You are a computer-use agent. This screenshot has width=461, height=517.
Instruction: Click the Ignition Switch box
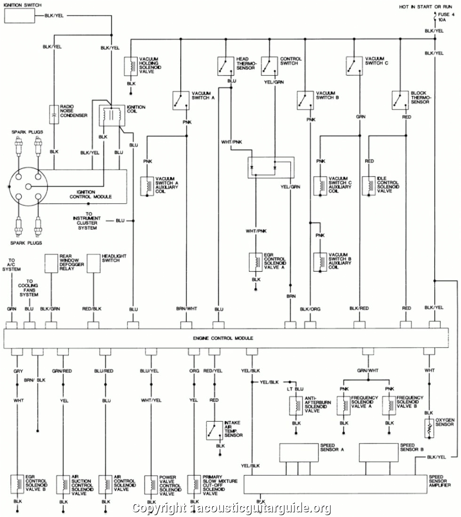coord(20,16)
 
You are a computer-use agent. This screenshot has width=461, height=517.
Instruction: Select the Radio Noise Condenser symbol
coord(54,114)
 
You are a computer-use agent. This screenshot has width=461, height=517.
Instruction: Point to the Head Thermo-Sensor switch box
coord(225,66)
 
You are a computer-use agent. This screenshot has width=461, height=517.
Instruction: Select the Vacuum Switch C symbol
coord(353,66)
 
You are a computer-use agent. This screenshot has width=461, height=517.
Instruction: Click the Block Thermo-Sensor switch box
coord(399,99)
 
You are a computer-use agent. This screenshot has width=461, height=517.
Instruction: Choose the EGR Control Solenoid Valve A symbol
coord(255,262)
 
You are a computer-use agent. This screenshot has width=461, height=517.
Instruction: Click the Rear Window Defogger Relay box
coord(51,263)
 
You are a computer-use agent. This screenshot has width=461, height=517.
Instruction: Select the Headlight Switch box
coord(94,263)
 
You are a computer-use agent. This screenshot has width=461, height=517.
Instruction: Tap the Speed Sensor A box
coord(299,453)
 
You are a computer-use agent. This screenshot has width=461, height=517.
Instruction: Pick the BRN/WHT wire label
coord(186,308)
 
